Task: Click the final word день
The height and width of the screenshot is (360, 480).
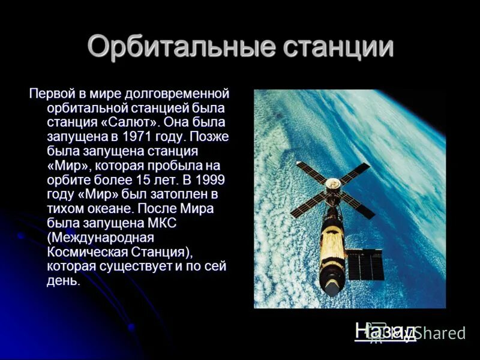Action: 63,280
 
